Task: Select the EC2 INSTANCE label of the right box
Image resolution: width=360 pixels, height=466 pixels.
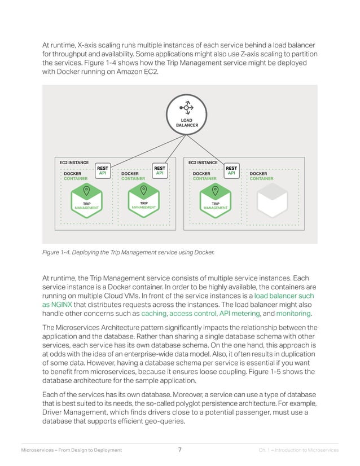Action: point(204,162)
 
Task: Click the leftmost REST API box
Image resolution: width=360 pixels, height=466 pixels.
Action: point(103,170)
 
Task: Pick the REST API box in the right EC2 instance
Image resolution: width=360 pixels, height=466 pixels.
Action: point(231,170)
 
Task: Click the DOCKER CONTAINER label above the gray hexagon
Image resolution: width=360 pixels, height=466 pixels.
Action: point(261,176)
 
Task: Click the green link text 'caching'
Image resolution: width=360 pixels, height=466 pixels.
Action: point(154,313)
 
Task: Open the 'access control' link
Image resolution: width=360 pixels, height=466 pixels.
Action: point(192,313)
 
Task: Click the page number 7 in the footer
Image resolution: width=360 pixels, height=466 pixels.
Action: point(179,450)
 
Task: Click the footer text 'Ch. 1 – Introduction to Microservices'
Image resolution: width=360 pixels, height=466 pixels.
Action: point(298,450)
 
